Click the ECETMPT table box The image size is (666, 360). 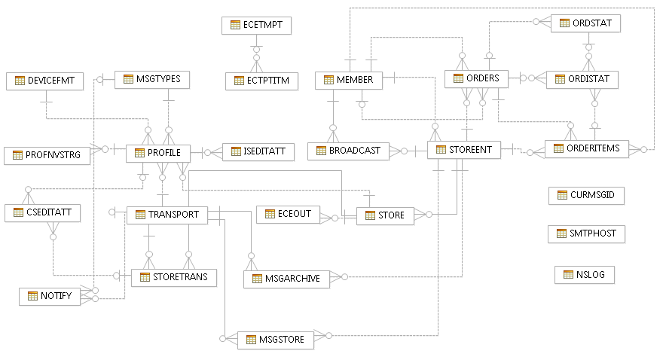tap(256, 25)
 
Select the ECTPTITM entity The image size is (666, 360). tap(261, 81)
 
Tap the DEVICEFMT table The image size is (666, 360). tap(45, 81)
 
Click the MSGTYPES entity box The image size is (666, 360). tap(152, 79)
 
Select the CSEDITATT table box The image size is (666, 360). tap(42, 213)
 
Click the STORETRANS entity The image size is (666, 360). tap(174, 277)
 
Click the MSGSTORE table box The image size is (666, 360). tap(276, 340)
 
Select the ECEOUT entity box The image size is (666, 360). tap(288, 215)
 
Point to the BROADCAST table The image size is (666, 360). tap(349, 151)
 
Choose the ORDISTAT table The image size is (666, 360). tap(583, 78)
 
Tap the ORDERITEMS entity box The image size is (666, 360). tap(585, 148)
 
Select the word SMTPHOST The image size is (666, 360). tap(594, 233)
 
